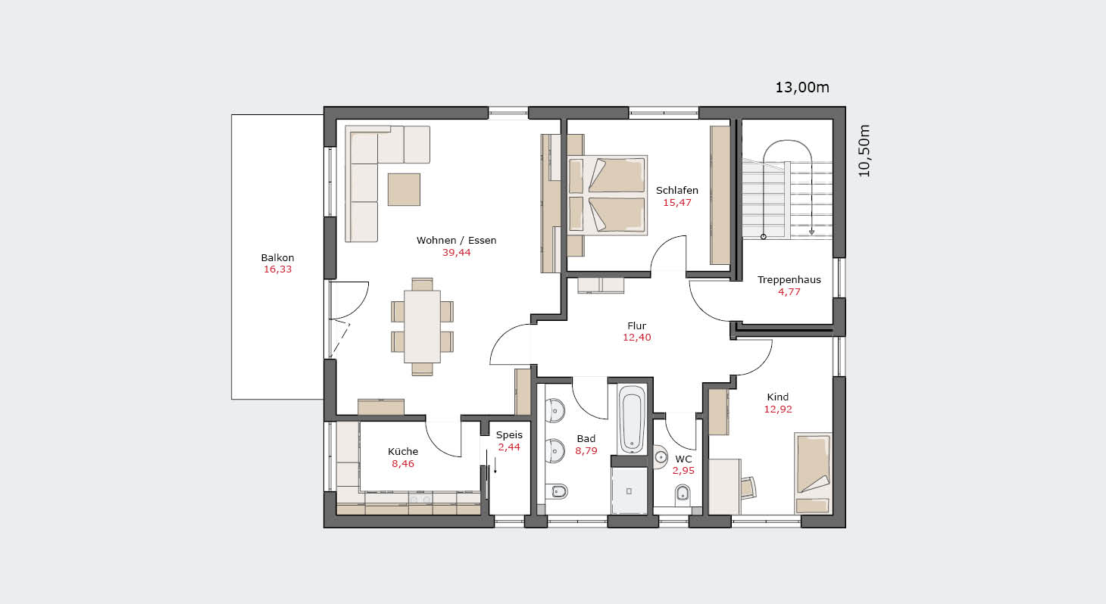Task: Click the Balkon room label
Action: (x=277, y=257)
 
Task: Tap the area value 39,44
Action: (x=456, y=253)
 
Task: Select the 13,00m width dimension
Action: (x=801, y=87)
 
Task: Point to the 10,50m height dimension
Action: (x=864, y=151)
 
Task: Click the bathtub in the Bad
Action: (x=632, y=419)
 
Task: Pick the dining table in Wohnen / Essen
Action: (x=422, y=327)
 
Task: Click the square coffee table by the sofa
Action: (x=404, y=189)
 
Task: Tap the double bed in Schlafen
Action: (x=608, y=195)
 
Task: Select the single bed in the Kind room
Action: (x=813, y=474)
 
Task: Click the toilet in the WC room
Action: (x=683, y=493)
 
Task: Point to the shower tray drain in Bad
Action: (x=629, y=491)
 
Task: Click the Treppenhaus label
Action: (x=789, y=280)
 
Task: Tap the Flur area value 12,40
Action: (x=637, y=338)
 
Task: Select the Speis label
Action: (x=509, y=434)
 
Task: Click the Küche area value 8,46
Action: (x=403, y=463)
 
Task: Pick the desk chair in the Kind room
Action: (x=748, y=487)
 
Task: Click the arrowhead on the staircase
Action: (x=811, y=232)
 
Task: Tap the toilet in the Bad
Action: (x=557, y=491)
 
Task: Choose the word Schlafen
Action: (x=677, y=191)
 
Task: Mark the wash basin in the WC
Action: (x=660, y=456)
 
